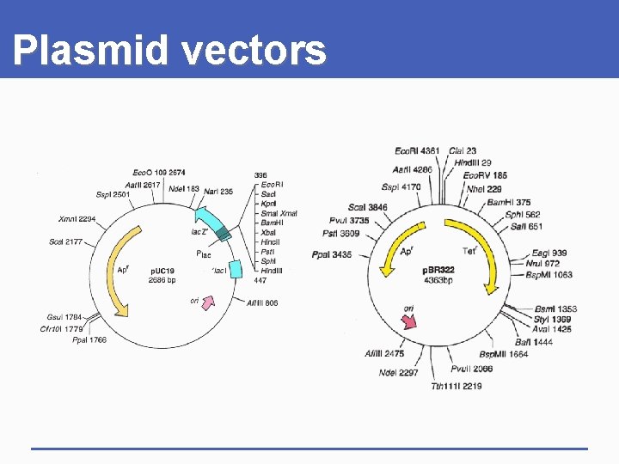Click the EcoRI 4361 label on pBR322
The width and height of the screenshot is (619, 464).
(x=417, y=151)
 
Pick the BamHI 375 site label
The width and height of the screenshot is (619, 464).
(x=509, y=202)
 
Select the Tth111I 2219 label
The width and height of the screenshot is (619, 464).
(x=457, y=386)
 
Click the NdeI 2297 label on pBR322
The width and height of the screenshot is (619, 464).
(x=398, y=372)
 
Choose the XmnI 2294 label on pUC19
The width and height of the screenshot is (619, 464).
(x=77, y=219)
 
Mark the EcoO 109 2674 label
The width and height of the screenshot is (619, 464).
(x=158, y=173)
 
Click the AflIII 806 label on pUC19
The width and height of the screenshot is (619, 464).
(x=262, y=302)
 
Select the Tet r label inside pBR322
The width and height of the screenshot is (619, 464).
(x=469, y=251)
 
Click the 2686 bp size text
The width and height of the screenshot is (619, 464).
(x=162, y=280)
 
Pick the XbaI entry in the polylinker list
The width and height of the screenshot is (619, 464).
(x=269, y=233)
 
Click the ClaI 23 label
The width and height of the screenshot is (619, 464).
(x=462, y=151)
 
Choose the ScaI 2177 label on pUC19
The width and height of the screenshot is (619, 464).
(x=66, y=241)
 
